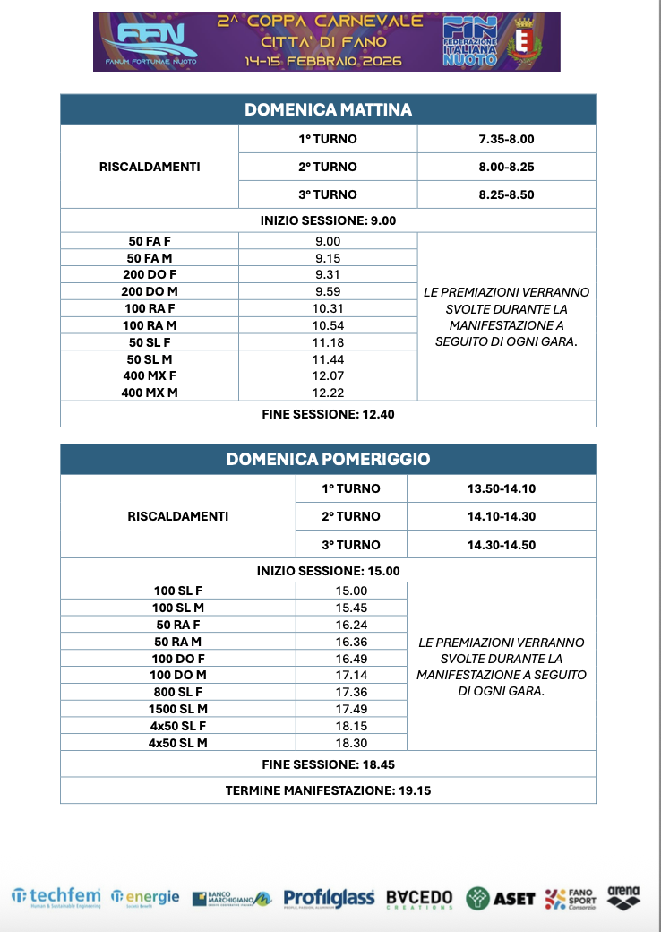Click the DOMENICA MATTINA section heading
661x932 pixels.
pos(328,109)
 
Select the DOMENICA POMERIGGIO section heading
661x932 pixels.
pos(328,459)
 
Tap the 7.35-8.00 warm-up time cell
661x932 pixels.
pos(506,139)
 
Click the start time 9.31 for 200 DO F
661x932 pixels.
pos(328,275)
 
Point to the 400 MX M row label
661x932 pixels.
pos(150,393)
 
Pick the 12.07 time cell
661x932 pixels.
pos(328,375)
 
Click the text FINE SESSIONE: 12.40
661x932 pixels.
pos(328,414)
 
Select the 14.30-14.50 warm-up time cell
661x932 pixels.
pos(501,545)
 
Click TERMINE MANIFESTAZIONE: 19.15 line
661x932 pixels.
pos(328,790)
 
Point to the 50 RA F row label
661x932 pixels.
pos(178,624)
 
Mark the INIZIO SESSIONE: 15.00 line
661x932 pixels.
pos(328,570)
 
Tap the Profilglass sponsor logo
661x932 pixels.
pos(329,897)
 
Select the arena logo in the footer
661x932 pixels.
pos(623,896)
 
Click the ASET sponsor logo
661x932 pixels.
pos(501,897)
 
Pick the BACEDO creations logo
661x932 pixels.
pos(419,898)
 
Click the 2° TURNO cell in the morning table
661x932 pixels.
pos(328,167)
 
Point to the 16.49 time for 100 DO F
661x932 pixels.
pos(351,658)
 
